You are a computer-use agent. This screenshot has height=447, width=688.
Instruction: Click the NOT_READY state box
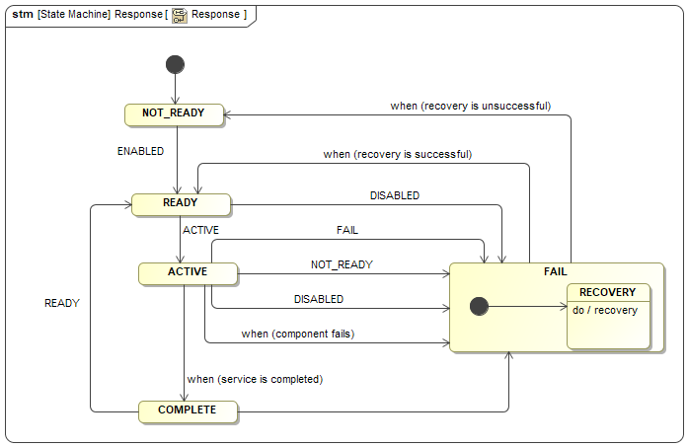[174, 113]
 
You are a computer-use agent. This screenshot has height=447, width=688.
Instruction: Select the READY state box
[181, 203]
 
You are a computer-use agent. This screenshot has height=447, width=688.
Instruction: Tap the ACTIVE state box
[187, 271]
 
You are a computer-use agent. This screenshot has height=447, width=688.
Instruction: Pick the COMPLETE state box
[187, 410]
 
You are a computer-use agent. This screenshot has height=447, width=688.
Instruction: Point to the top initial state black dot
[175, 65]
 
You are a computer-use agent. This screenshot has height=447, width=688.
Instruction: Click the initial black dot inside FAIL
[479, 307]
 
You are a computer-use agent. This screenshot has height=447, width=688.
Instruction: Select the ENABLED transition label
[140, 152]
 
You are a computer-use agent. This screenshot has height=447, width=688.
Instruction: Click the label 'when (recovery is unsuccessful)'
[470, 106]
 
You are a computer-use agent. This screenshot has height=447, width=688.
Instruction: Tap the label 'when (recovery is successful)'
[397, 155]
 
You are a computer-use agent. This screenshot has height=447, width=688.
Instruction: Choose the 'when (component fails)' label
[297, 335]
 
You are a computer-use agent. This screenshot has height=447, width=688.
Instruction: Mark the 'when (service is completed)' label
[255, 379]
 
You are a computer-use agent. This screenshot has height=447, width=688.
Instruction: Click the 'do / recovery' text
[605, 310]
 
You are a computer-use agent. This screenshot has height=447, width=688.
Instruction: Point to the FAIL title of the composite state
[556, 271]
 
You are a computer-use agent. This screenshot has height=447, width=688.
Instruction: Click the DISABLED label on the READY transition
[394, 195]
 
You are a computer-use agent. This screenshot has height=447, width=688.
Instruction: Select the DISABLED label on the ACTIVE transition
[319, 299]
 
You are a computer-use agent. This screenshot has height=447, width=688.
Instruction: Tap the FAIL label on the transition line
[347, 230]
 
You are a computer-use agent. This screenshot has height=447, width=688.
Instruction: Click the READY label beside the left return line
[61, 304]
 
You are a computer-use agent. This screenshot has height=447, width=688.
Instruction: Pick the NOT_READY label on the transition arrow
[342, 264]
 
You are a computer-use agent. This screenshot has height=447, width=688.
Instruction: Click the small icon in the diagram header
[179, 16]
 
